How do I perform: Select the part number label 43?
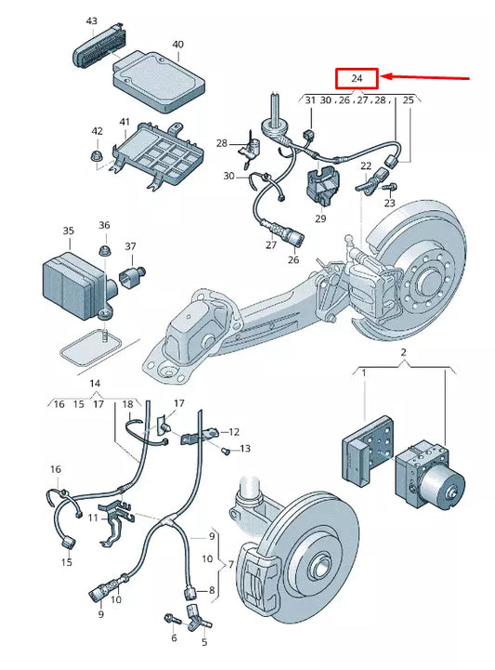pos(90,20)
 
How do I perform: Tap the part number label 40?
pos(177,44)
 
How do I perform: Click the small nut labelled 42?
pos(98,155)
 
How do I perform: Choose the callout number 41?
pos(124,122)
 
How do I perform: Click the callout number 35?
pos(68,230)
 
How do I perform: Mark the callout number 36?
pos(104,225)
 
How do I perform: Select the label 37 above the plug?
pos(130,246)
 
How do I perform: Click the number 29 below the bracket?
pos(320,218)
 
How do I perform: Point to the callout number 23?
pos(389,203)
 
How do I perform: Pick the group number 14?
pos(94,383)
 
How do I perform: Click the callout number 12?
pos(234,432)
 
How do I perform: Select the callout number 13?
pos(245,449)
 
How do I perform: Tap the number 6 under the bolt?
pos(173,638)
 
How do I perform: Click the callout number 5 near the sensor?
pos(204,641)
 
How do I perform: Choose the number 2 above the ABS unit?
pos(403,354)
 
